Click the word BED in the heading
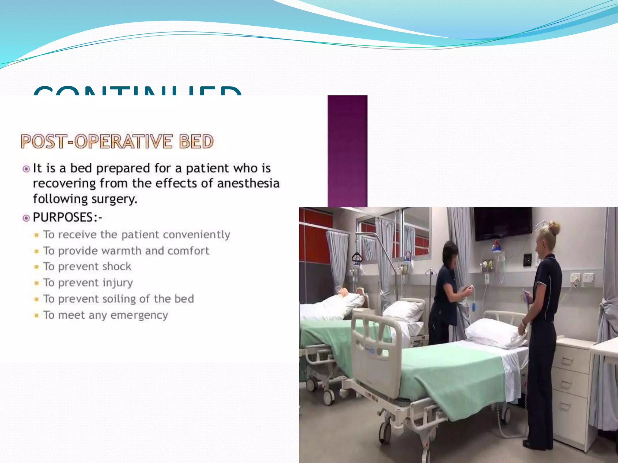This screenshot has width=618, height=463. pyautogui.click(x=196, y=141)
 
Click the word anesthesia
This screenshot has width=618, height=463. pyautogui.click(x=248, y=184)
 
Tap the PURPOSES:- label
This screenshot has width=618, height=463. pyautogui.click(x=67, y=217)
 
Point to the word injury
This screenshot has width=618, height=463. pyautogui.click(x=117, y=283)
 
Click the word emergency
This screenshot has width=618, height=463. pyautogui.click(x=139, y=315)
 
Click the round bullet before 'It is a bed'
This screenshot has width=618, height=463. pyautogui.click(x=26, y=169)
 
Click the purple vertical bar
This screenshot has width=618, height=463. pyautogui.click(x=347, y=151)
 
